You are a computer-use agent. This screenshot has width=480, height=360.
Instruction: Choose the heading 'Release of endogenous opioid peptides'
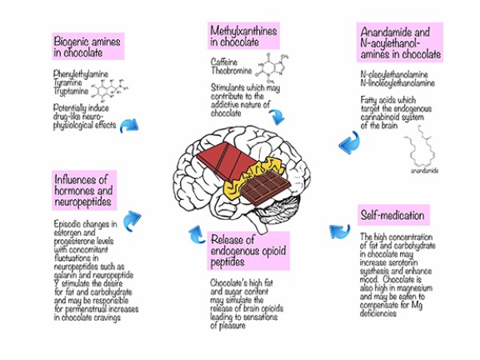click(x=243, y=250)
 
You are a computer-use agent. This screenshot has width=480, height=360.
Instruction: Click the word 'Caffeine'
click(x=225, y=62)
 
